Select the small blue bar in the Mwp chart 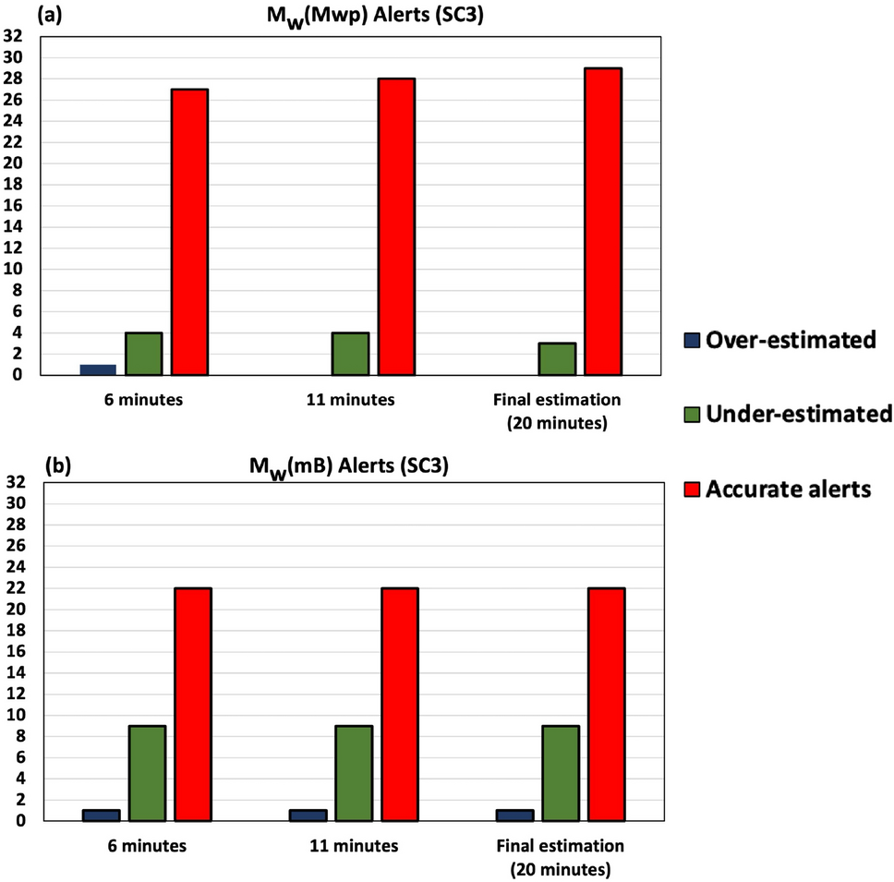(x=98, y=369)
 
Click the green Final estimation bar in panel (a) (x=557, y=359)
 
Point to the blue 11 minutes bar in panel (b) (x=308, y=815)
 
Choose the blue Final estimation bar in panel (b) (x=514, y=815)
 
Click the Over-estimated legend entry (x=790, y=340)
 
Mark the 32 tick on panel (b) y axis (x=15, y=482)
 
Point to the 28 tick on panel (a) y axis (x=15, y=79)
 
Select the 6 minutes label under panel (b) (x=145, y=845)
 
